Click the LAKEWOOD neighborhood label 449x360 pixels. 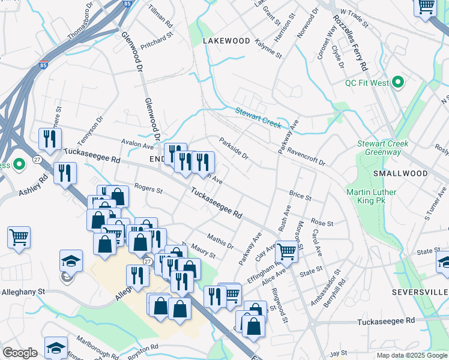[x=226, y=41]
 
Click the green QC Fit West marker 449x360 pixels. [x=397, y=83]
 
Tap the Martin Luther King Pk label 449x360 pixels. [x=371, y=196]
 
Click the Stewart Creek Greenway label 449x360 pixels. [x=382, y=148]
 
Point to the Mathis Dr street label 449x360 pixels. [x=220, y=241]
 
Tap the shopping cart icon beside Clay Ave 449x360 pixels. [x=287, y=251]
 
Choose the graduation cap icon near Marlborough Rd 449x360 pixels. [x=56, y=347]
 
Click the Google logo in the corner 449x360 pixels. [x=20, y=353]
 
